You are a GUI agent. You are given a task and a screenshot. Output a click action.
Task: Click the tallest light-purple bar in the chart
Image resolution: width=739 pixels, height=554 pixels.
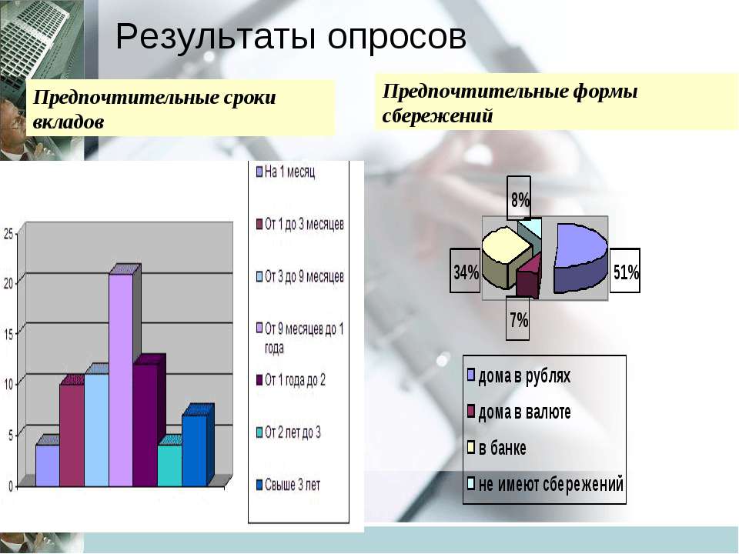tap(121, 379)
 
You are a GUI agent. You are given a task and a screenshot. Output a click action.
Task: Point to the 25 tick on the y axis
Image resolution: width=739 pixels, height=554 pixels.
tap(8, 233)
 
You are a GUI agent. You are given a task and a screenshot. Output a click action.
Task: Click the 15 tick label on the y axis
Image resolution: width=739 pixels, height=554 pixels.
tap(8, 333)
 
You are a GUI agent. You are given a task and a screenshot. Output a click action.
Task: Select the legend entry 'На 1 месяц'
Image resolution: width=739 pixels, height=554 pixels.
tap(286, 172)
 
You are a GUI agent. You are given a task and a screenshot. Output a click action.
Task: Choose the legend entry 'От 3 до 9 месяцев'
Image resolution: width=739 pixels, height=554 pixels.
tap(299, 276)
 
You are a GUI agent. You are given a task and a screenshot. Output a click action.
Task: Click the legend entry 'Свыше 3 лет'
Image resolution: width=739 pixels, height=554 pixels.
tap(288, 485)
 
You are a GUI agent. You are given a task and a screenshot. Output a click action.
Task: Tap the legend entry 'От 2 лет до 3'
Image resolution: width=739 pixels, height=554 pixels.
tap(288, 432)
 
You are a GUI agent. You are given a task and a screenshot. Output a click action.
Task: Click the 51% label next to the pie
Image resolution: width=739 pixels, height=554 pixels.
tap(625, 271)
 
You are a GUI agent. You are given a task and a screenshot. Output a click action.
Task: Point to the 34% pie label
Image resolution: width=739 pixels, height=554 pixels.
tap(466, 271)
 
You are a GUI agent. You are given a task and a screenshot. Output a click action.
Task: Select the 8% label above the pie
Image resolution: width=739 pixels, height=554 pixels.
tap(520, 199)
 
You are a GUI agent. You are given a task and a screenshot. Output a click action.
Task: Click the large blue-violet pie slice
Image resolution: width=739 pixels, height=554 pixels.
tap(580, 257)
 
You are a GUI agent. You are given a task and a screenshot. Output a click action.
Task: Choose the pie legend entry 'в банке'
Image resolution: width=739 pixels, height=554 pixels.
tap(497, 448)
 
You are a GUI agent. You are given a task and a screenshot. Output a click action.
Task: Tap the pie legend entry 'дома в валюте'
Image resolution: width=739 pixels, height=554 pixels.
tap(519, 412)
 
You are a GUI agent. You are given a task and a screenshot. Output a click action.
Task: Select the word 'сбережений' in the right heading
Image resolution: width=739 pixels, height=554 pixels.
tap(437, 115)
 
